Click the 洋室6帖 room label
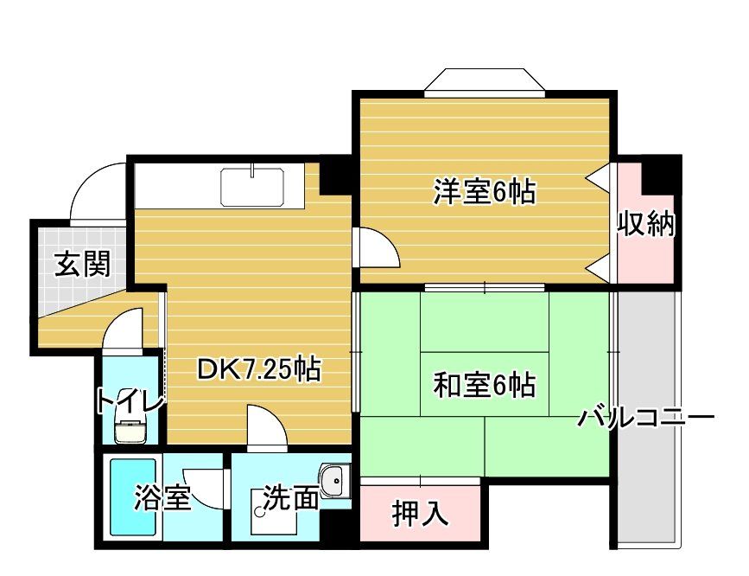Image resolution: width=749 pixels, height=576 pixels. (x=484, y=191)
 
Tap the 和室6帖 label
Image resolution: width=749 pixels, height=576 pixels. (x=484, y=383)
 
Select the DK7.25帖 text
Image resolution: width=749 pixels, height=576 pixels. (x=259, y=370)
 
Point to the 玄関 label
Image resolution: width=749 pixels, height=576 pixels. (x=83, y=264)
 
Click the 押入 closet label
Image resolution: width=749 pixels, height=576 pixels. (x=421, y=514)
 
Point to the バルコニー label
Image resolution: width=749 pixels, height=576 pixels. (x=647, y=419)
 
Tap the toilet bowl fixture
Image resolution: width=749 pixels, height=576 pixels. (x=130, y=429)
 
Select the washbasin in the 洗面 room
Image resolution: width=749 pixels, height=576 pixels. (x=333, y=481)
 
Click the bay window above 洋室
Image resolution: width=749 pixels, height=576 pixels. (x=485, y=80)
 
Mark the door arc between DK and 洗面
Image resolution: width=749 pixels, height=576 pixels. (x=264, y=426)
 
